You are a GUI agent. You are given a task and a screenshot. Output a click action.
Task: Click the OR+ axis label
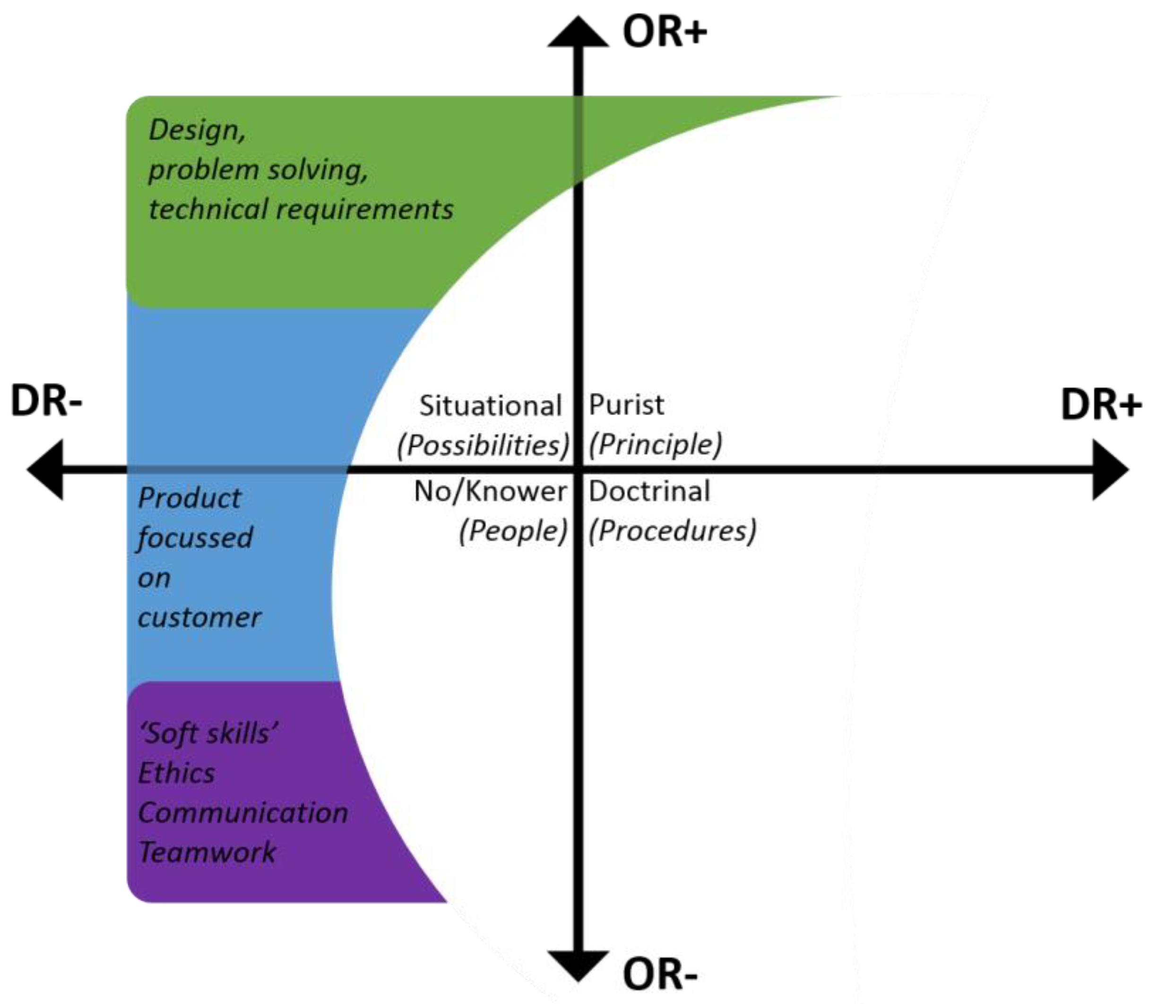tap(664, 32)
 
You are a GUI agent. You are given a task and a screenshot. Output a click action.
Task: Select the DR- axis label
tap(46, 400)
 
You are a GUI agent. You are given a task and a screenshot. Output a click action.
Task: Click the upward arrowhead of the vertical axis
tap(578, 33)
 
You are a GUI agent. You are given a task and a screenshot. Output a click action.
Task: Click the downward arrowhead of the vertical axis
tap(578, 965)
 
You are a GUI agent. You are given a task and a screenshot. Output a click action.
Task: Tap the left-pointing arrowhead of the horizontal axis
tap(46, 469)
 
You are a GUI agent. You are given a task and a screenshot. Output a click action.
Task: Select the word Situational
tap(490, 406)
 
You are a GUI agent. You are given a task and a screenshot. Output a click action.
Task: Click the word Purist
tap(626, 405)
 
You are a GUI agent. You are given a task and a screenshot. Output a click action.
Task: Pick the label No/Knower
tap(490, 491)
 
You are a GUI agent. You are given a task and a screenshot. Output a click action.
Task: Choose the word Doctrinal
tap(649, 491)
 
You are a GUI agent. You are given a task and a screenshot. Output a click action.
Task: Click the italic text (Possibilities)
tap(483, 445)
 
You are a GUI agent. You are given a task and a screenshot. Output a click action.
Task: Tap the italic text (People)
tap(512, 531)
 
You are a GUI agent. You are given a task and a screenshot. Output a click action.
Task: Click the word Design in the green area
tap(196, 130)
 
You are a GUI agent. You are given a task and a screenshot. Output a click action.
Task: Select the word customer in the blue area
tap(199, 617)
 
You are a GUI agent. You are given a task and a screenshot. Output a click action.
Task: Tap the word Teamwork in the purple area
tap(207, 852)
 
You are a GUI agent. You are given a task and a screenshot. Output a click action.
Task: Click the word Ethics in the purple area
tap(176, 773)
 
